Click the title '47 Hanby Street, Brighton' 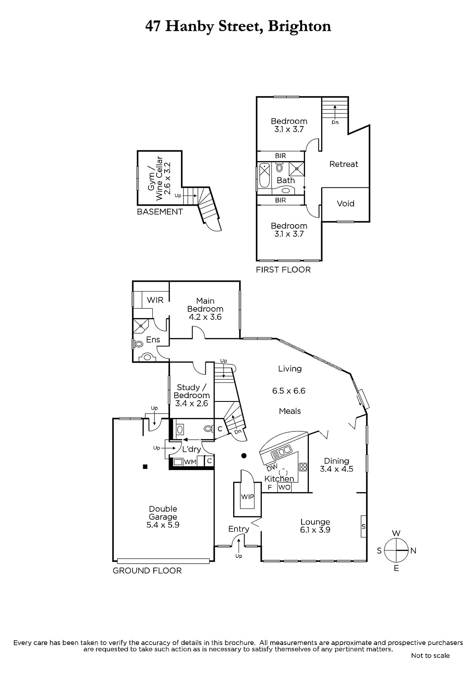coord(238,26)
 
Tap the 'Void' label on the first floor coord(346,203)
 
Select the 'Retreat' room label coord(343,164)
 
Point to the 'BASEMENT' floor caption coord(160,212)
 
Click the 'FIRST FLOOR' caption coord(283,270)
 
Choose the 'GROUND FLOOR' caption coord(147,571)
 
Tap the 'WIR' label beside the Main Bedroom coord(155,300)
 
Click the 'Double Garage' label coord(162,513)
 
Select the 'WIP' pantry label coord(247,497)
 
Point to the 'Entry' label coord(239,529)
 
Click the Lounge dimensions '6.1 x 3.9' coord(315,530)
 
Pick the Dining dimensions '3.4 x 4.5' coord(336,469)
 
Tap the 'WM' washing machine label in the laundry coord(190,462)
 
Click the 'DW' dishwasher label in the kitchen coord(271,467)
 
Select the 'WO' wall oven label coord(285,487)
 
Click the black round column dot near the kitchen coord(243,455)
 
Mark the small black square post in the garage coord(145,466)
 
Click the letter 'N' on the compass coord(413,551)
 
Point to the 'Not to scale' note coord(430,655)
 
